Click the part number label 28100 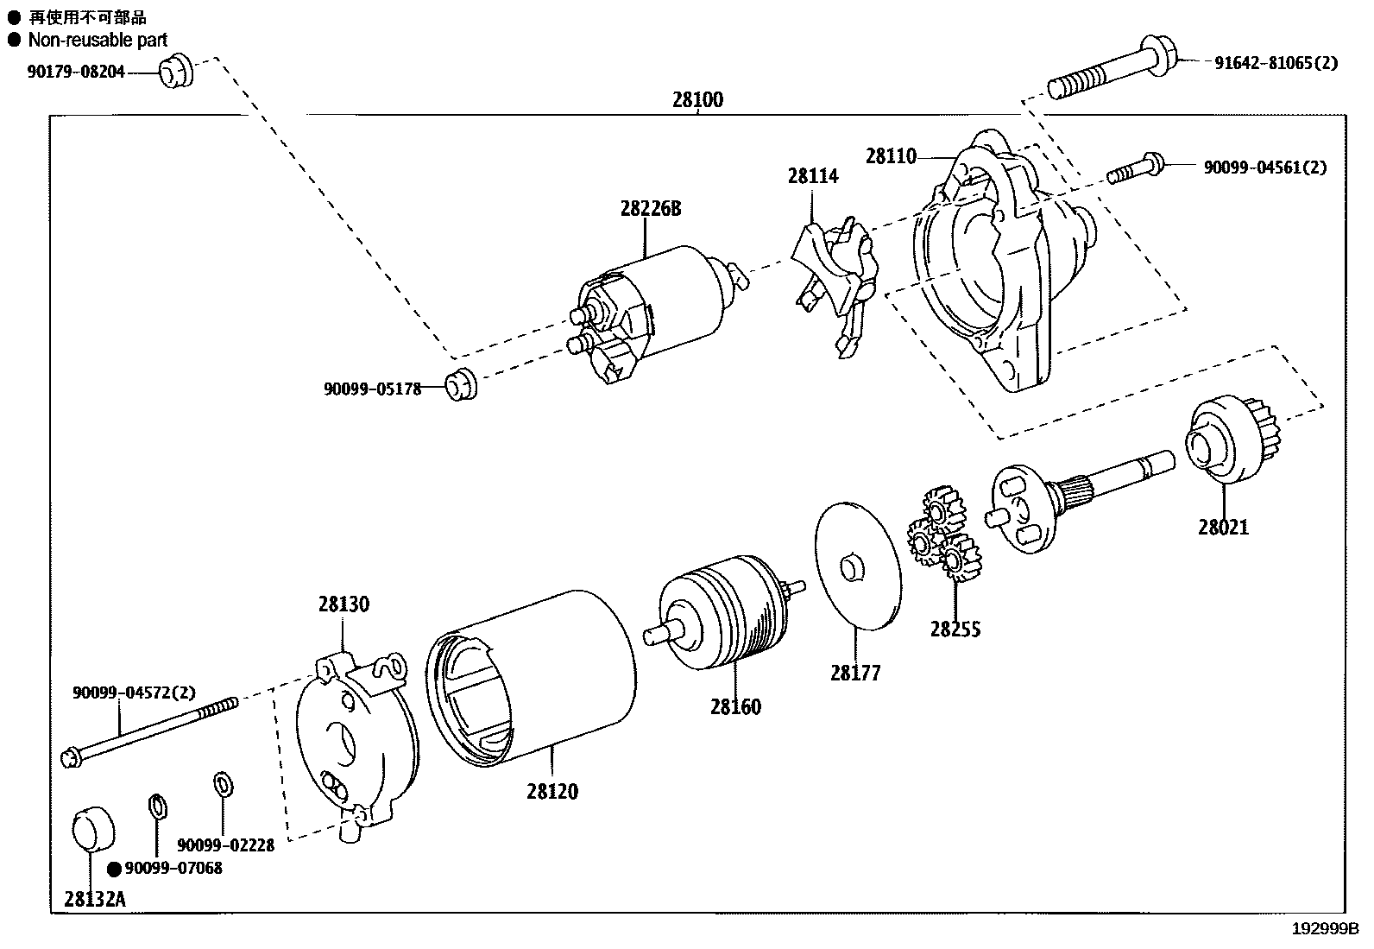point(697,99)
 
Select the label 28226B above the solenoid point(649,209)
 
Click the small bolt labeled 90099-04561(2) point(1136,167)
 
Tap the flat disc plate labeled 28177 point(857,566)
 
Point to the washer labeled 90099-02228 point(222,785)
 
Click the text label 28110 point(891,156)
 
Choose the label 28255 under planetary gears point(955,630)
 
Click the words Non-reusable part point(98,40)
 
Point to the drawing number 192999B point(1325,930)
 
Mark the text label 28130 point(343,604)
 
